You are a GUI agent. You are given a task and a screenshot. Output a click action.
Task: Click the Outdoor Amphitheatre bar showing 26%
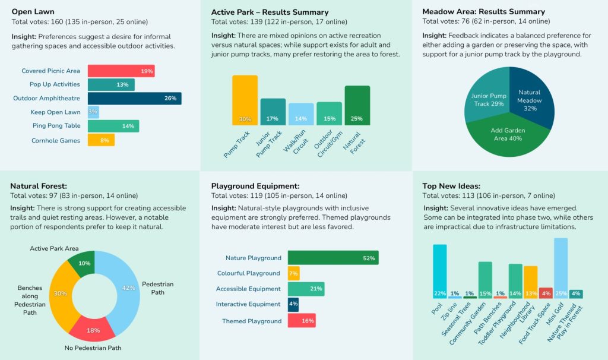[x=134, y=99]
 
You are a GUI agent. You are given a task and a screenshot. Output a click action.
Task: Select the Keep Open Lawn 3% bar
[x=93, y=112]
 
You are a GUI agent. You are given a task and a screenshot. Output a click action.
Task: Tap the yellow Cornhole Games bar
[x=101, y=140]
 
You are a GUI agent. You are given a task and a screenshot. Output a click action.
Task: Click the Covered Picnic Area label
[x=51, y=71]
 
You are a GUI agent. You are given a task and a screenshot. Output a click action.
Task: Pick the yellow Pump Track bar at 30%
[x=245, y=100]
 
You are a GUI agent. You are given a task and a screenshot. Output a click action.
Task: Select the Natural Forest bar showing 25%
[x=357, y=105]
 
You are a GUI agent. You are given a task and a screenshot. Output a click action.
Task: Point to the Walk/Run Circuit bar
[x=301, y=114]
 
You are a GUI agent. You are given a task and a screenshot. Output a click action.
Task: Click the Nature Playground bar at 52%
[x=333, y=258]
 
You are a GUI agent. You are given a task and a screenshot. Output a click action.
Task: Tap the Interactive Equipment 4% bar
[x=293, y=304]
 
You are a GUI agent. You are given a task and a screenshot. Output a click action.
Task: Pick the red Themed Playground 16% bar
[x=302, y=321]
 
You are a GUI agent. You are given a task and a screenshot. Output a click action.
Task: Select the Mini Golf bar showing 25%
[x=560, y=268]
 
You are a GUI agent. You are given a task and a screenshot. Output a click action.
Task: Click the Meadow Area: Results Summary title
[x=483, y=12]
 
